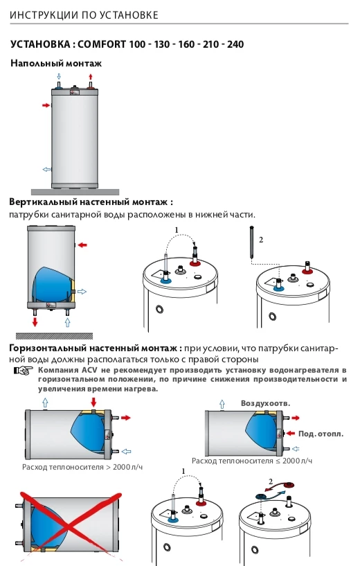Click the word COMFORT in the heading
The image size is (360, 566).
point(102,44)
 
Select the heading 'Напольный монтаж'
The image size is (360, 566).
point(56,63)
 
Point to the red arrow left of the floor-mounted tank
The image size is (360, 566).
point(46,105)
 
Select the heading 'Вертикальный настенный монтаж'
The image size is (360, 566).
point(90,202)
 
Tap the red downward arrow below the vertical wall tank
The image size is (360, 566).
point(34,324)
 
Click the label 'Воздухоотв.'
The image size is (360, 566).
point(264,403)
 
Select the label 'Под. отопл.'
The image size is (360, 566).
point(321,434)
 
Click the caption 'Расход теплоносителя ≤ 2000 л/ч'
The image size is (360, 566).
point(252,461)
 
